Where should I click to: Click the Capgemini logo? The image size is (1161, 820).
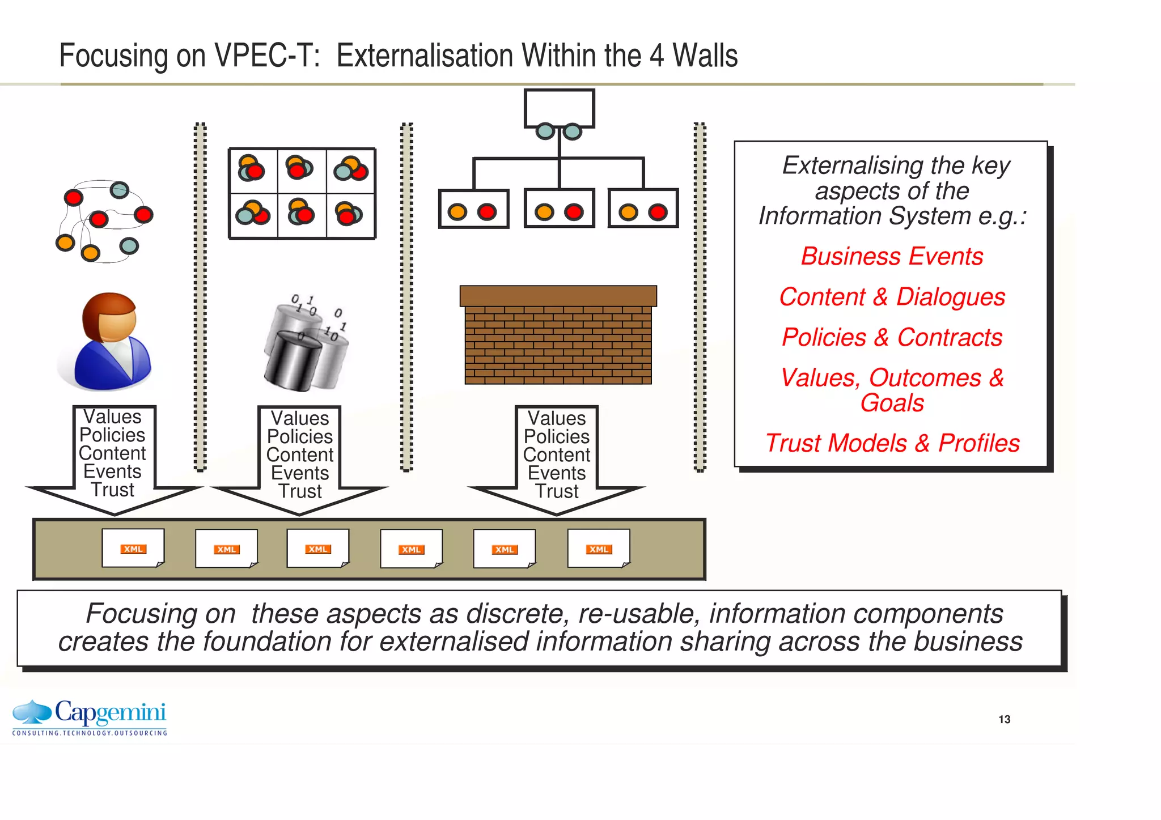click(90, 717)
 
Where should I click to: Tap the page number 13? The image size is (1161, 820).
click(1004, 719)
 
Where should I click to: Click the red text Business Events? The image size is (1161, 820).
click(892, 256)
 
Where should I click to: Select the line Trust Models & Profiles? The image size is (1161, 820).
click(892, 443)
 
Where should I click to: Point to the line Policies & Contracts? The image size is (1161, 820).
click(892, 337)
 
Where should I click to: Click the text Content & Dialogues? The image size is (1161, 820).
click(892, 297)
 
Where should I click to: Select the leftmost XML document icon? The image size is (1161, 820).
click(133, 548)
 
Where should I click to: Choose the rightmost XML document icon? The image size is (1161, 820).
click(599, 548)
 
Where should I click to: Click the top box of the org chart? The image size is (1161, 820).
click(559, 108)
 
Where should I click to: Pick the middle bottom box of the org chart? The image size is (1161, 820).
click(559, 209)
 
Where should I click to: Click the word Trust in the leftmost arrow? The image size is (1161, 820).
click(112, 490)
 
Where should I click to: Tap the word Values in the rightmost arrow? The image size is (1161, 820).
click(557, 418)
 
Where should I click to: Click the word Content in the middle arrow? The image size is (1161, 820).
click(300, 454)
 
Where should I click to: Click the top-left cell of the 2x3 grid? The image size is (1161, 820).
click(253, 171)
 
